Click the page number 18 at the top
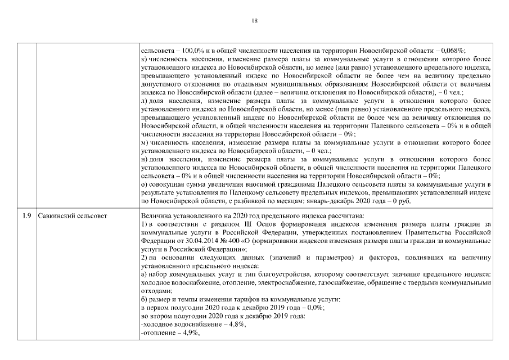tap(254, 21)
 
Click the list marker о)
tap(145, 184)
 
